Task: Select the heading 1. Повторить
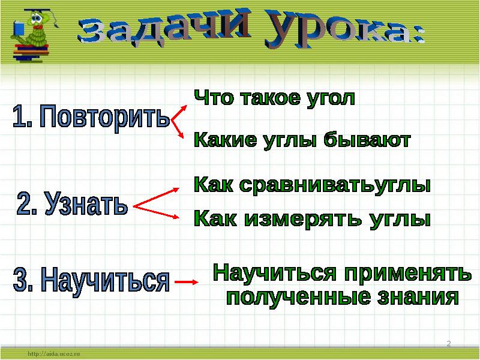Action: click(x=91, y=118)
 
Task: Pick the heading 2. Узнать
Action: click(x=72, y=205)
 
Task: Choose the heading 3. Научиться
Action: click(x=91, y=281)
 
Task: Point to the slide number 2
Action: click(x=449, y=343)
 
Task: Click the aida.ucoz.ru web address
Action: click(x=53, y=354)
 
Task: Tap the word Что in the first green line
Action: click(x=210, y=98)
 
